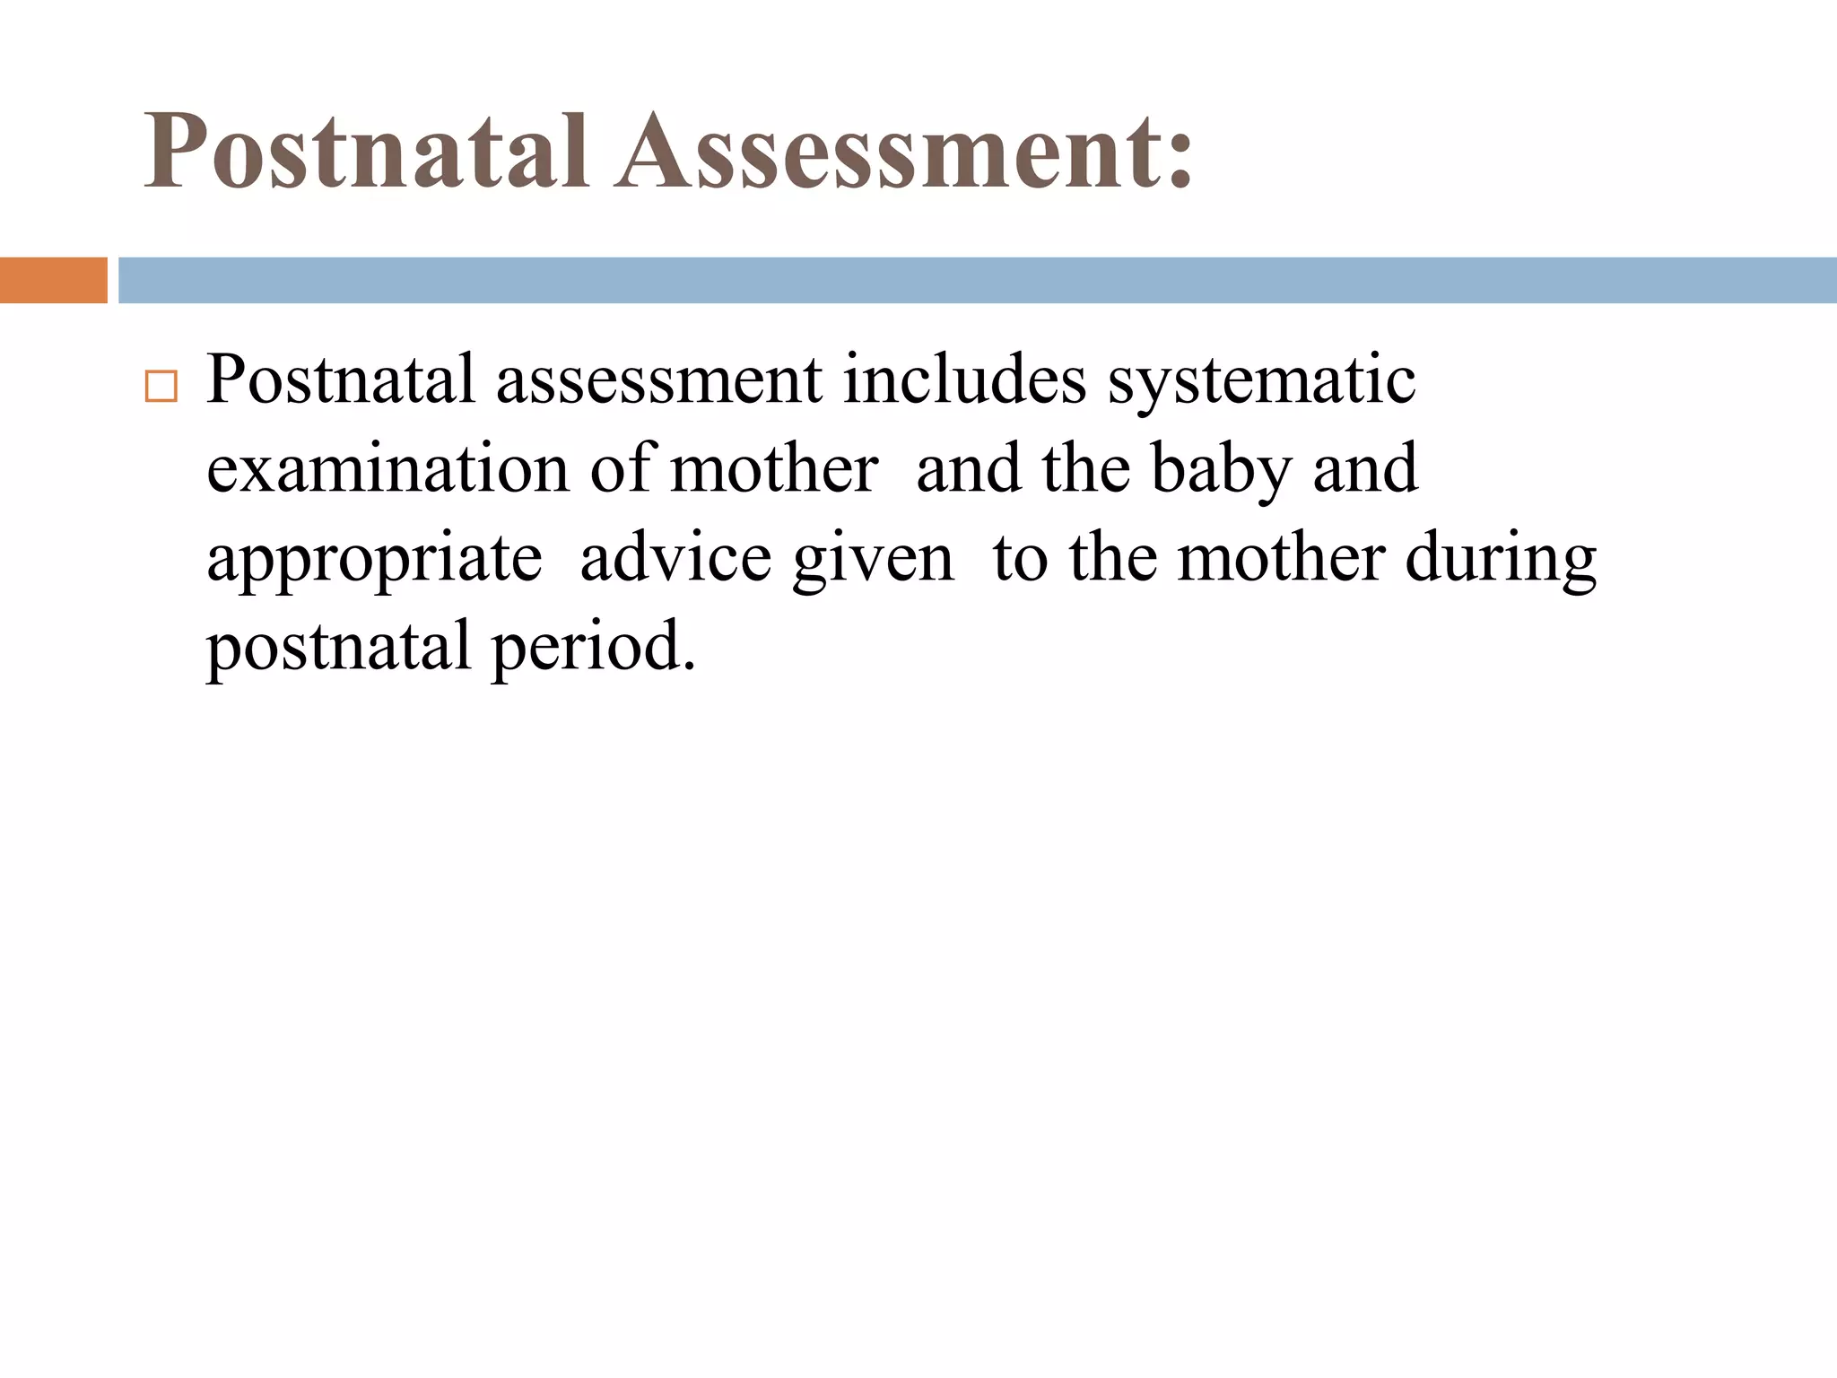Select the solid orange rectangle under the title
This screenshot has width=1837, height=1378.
click(x=53, y=280)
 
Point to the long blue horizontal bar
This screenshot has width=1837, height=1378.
click(x=977, y=280)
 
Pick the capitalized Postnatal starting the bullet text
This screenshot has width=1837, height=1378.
click(x=340, y=379)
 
